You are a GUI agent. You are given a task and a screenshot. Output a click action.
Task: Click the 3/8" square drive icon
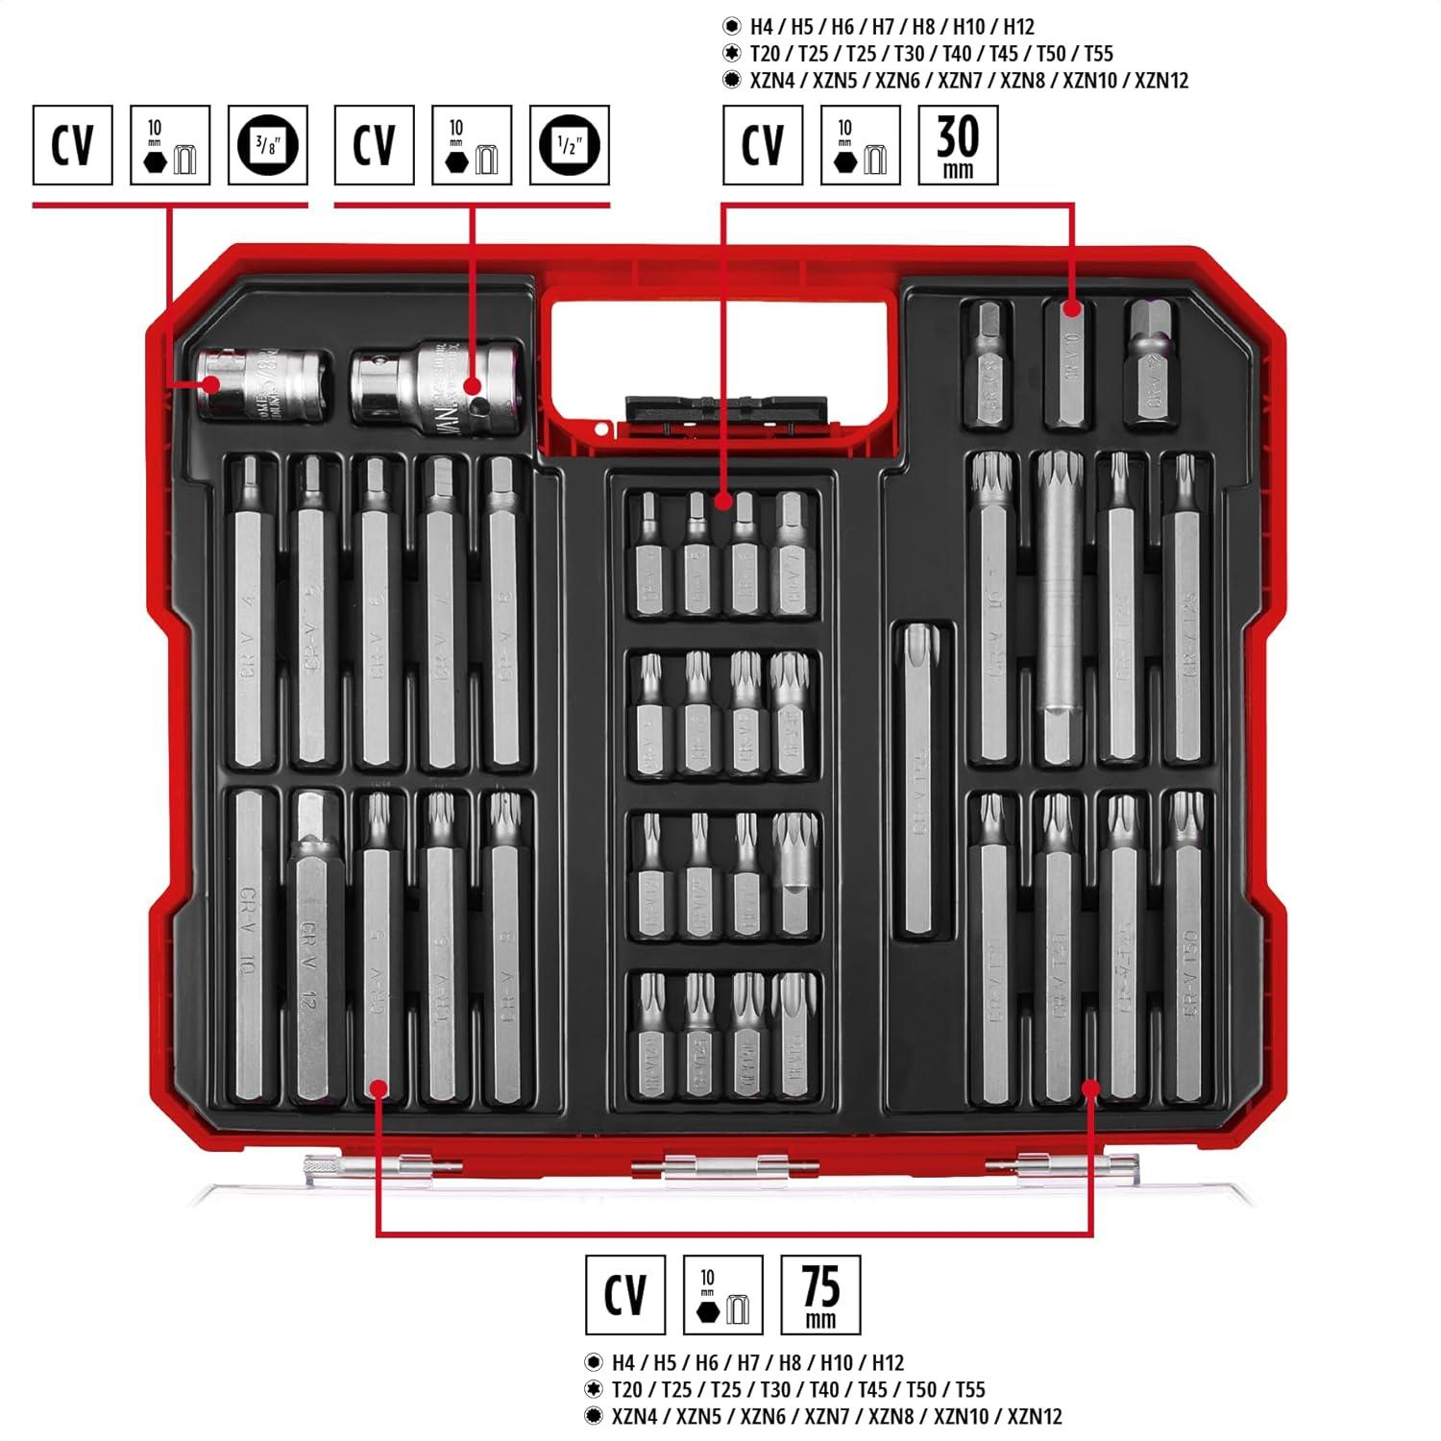click(268, 145)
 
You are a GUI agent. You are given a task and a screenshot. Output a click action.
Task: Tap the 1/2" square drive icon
click(570, 145)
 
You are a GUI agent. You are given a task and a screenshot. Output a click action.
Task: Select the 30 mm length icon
click(958, 145)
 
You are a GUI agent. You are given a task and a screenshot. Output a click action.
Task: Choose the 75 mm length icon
click(820, 1295)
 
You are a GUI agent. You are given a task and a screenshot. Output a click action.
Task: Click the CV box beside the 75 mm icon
click(625, 1295)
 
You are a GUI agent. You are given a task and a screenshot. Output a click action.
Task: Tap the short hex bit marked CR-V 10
click(1066, 365)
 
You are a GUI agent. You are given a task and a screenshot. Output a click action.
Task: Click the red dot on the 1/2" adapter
click(472, 386)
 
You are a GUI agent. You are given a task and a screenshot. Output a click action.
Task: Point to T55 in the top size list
click(1098, 54)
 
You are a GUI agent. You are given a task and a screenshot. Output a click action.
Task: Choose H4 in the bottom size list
click(624, 1362)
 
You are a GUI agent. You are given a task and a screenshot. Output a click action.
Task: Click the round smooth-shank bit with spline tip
click(1060, 586)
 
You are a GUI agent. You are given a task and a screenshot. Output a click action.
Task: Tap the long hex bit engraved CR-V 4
click(250, 615)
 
